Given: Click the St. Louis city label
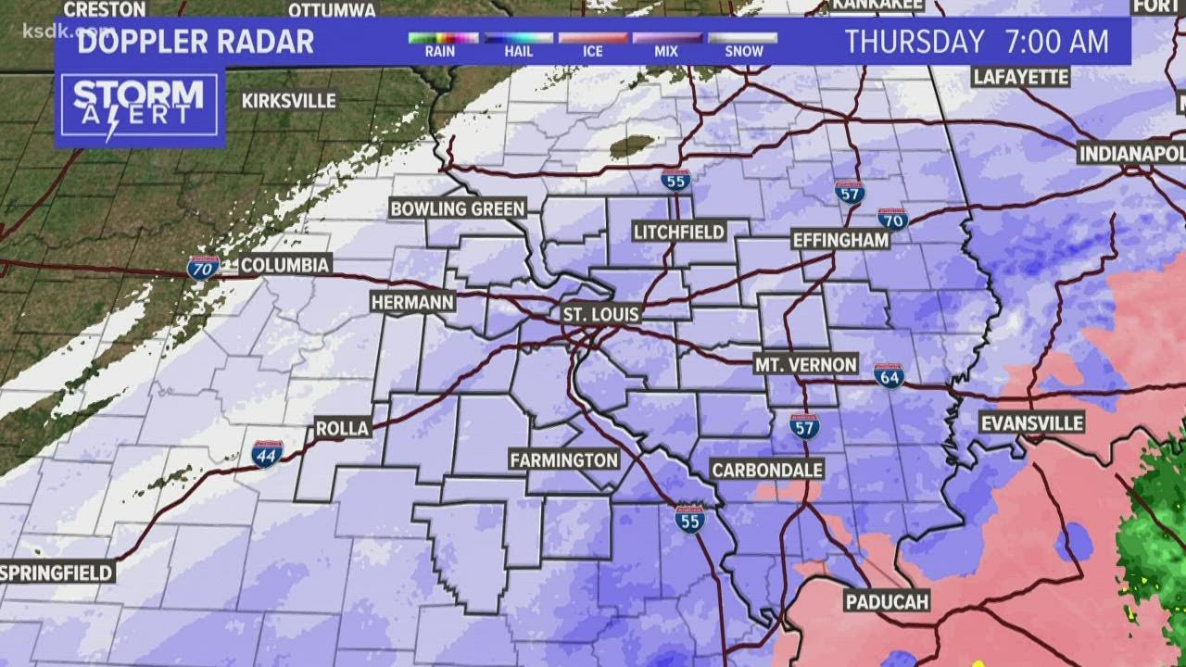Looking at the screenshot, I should coord(601,315).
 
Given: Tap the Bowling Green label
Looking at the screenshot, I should coord(458,208).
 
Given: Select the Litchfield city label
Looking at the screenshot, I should coord(679,232).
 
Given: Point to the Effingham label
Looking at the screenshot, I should coord(840,240).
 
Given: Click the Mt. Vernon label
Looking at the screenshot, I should coord(805,364).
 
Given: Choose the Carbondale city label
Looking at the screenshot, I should coord(767,471).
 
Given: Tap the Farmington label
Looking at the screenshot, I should coord(564,459).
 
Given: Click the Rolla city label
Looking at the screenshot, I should coord(342,428).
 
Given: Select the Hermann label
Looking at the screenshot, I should coord(412,302).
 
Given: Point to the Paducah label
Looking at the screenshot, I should coord(887,602).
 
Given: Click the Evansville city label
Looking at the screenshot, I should coord(1032,423).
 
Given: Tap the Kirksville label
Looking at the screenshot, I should coord(289,101).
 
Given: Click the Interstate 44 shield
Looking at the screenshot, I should coord(267,454).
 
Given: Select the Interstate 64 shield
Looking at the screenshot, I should coord(889,375).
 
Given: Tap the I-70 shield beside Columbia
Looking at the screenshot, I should coord(203,269).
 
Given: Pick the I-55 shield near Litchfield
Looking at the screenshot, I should coord(675,181).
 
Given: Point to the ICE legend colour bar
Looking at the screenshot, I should coord(593,38).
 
